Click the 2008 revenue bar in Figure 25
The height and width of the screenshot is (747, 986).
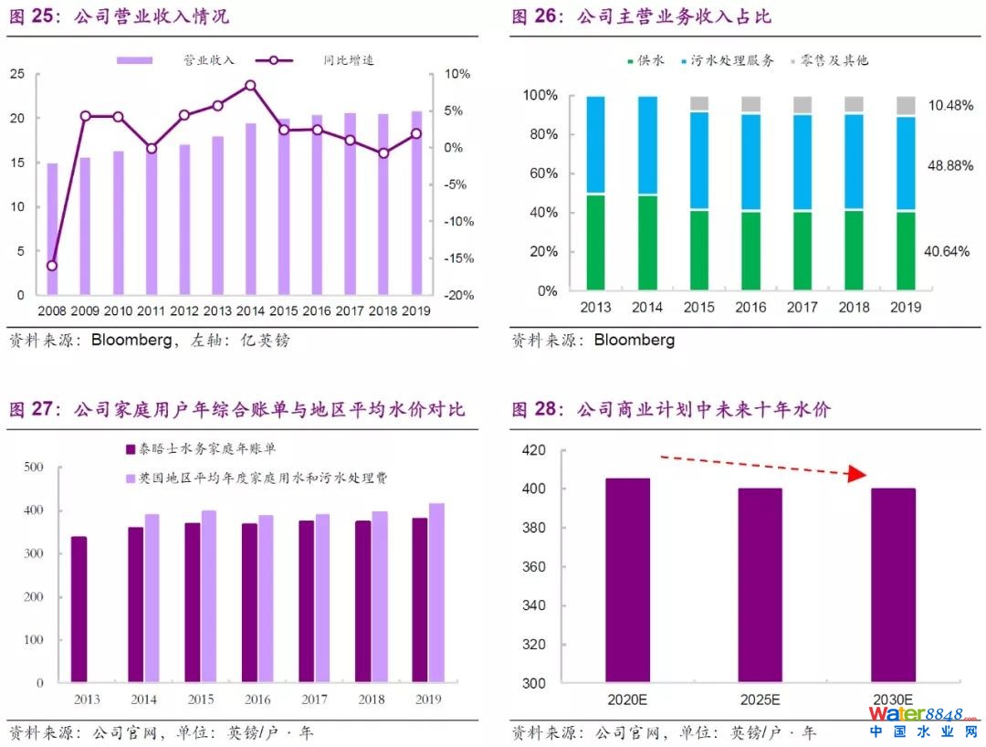52,229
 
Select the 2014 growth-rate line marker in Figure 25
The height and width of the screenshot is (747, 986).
250,86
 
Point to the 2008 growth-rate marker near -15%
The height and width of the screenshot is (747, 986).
52,266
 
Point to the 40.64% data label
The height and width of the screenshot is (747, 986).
946,251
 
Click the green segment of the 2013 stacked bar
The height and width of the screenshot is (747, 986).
595,242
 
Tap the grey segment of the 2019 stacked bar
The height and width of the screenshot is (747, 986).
906,106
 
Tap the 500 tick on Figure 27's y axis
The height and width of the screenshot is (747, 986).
34,468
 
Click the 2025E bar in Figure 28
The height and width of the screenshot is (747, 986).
760,585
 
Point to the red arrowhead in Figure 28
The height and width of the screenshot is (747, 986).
855,474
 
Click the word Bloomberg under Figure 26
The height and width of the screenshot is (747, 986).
635,341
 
